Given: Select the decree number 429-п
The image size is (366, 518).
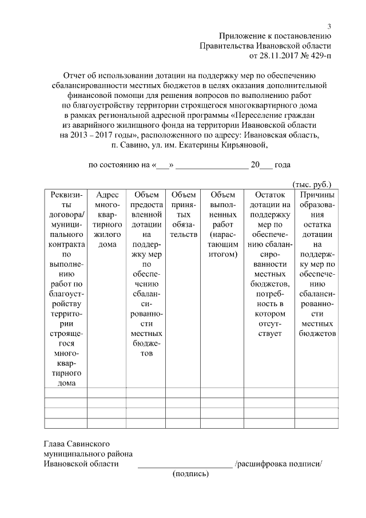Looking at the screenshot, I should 319,56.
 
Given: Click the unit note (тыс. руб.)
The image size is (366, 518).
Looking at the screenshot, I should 312,185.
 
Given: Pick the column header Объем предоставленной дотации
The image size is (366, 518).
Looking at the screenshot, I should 146,274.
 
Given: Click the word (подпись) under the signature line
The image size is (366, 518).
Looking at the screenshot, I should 191,474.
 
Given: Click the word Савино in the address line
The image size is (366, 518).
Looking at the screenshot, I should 133,145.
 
